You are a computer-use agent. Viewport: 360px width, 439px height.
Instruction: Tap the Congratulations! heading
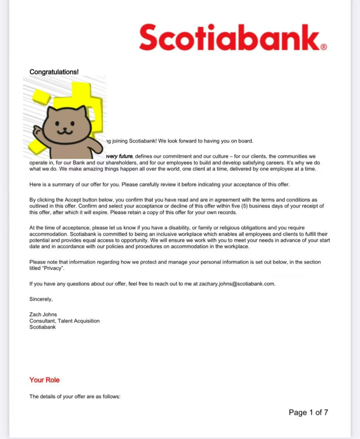coord(54,72)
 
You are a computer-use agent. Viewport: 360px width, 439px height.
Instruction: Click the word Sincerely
coord(40,299)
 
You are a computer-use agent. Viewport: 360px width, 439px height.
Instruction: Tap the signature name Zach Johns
coord(43,314)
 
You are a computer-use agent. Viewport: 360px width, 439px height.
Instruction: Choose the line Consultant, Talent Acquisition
coord(64,321)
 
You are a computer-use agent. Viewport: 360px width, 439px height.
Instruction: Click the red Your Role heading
coord(44,380)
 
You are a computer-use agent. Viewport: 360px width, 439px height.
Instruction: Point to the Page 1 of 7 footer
coord(308,412)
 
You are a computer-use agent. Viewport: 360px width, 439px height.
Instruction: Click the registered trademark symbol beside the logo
coord(323,47)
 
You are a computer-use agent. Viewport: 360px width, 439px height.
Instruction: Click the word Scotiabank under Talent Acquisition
coord(42,327)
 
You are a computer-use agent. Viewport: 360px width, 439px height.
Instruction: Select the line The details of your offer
coord(75,396)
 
